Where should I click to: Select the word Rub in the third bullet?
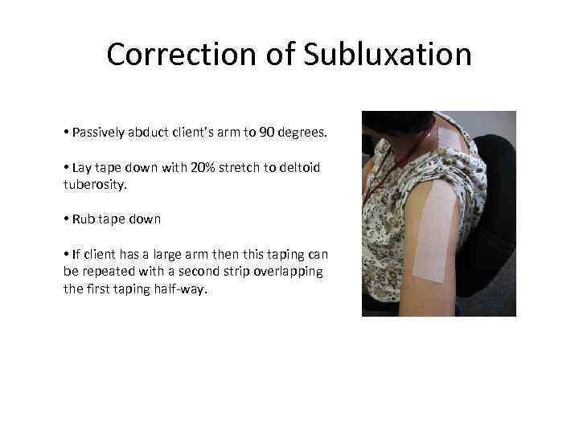(x=83, y=219)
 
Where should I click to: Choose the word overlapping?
(x=288, y=271)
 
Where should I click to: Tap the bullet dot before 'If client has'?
(x=66, y=254)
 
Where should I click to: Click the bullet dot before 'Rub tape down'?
(x=66, y=219)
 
